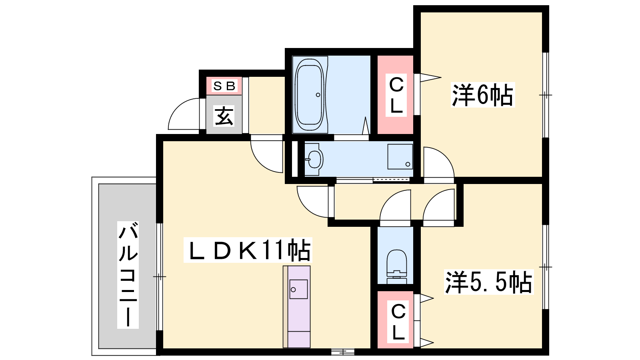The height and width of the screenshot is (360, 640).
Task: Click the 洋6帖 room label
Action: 482,95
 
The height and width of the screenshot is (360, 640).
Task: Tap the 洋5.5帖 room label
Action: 489,282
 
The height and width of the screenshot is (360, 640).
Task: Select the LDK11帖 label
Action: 248,250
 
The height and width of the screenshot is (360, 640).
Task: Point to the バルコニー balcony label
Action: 128,275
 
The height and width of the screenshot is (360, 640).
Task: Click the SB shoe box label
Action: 224,86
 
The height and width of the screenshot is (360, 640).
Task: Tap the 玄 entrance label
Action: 224,116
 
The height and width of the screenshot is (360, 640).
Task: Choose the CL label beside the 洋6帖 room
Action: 396,95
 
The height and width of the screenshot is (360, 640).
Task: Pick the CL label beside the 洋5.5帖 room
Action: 398,322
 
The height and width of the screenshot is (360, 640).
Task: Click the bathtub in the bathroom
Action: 310,94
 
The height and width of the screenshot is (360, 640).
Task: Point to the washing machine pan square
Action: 400,156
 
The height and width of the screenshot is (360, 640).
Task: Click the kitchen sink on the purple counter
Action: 298,289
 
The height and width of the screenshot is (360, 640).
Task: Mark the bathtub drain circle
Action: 318,95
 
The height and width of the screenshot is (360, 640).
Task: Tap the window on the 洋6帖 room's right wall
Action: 546,95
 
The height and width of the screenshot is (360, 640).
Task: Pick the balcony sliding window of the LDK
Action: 160,276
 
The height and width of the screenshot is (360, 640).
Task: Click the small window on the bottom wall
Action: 342,352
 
